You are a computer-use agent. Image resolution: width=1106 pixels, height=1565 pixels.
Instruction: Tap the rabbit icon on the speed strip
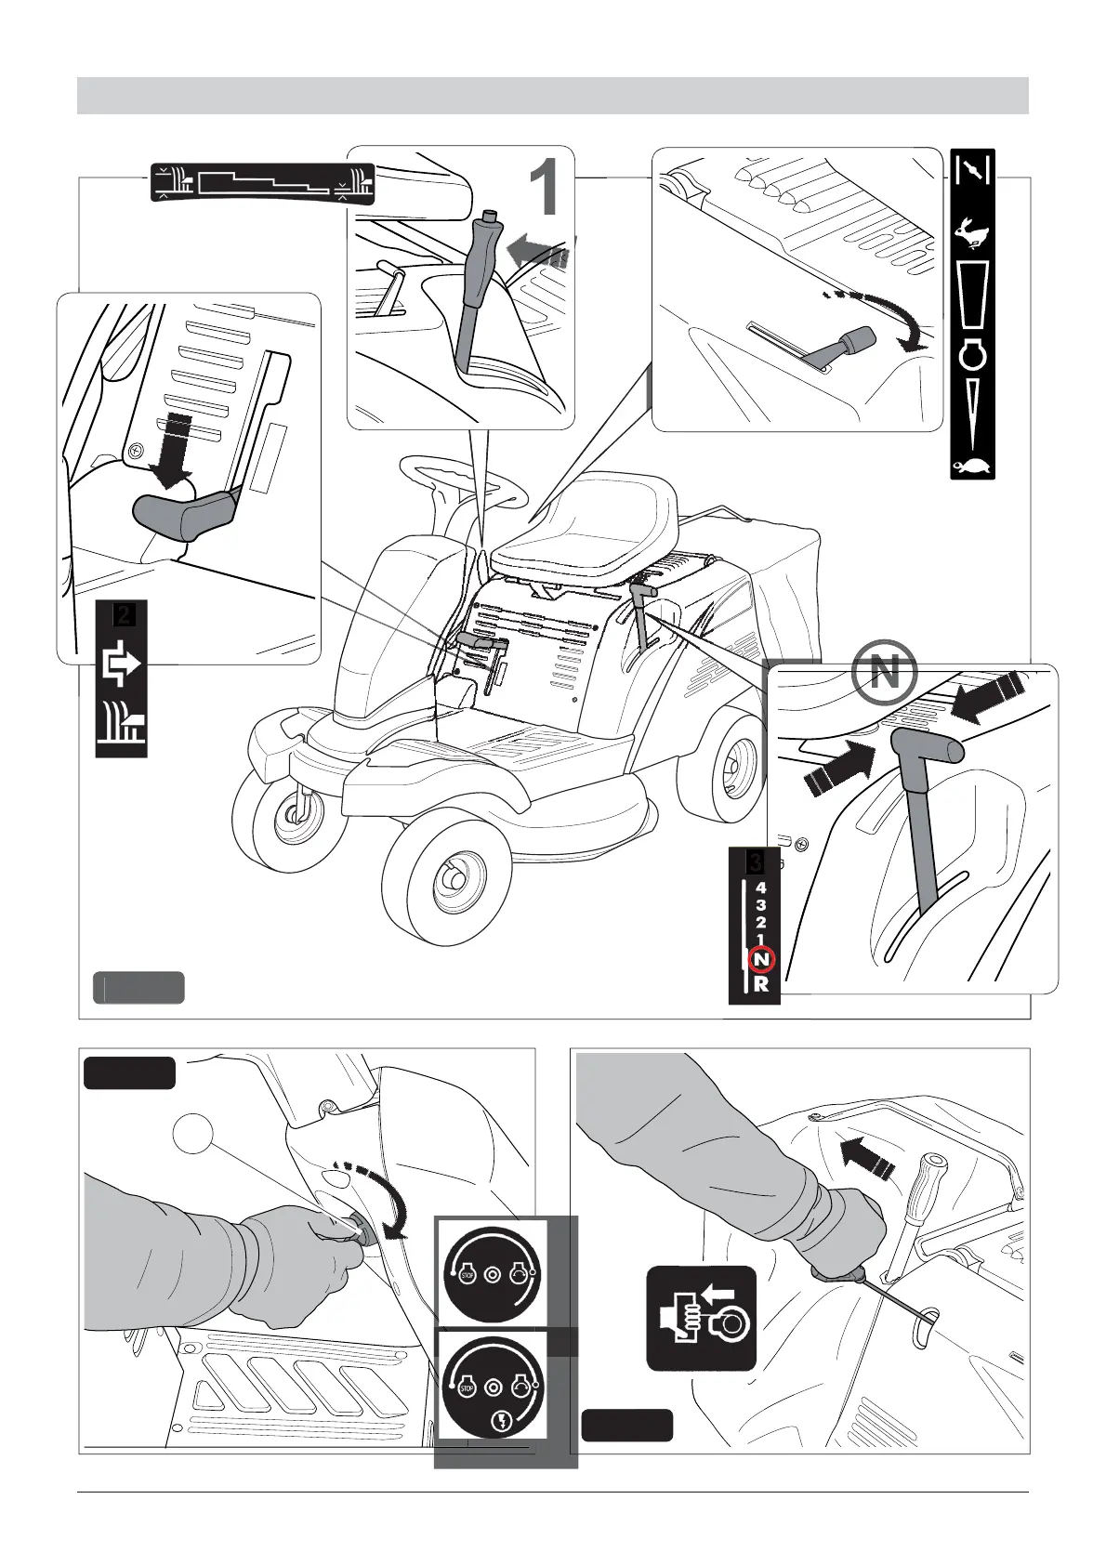coord(972,237)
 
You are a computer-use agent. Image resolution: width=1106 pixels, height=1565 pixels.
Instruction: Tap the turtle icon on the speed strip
coord(972,466)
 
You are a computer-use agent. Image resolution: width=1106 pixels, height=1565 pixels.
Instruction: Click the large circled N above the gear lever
coord(884,672)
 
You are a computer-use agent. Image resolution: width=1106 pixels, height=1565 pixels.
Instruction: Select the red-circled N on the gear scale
coord(761,959)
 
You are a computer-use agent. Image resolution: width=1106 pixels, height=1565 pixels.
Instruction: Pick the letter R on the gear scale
coord(761,984)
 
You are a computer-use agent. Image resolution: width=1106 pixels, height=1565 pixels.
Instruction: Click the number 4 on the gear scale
coord(761,888)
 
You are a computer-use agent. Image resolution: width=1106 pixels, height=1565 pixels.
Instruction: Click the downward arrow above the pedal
coord(173,451)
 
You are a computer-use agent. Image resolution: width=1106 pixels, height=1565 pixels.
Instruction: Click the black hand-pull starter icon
coord(701,1318)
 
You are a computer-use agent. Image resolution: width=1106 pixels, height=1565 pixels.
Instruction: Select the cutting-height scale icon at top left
coord(262,183)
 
